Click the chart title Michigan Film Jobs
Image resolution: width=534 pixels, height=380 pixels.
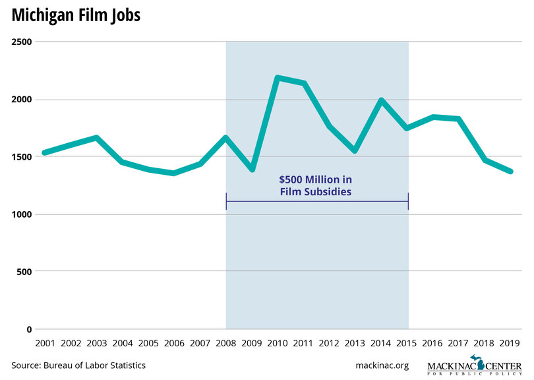click(76, 15)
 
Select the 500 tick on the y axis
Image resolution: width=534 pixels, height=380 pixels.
click(25, 272)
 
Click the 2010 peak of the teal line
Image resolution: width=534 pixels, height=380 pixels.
click(278, 78)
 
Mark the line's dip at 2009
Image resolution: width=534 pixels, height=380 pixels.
click(252, 170)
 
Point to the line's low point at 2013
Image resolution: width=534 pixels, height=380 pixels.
click(356, 151)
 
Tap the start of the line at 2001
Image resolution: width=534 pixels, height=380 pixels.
click(44, 152)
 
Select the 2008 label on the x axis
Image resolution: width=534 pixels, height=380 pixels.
click(226, 343)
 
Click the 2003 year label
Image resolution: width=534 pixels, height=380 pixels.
click(96, 343)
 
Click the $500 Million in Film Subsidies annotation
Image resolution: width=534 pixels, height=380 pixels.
click(317, 186)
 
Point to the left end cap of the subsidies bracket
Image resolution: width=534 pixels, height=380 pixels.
click(226, 201)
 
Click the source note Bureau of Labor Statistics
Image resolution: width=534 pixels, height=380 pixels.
click(78, 365)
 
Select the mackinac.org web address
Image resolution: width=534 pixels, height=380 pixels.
click(382, 365)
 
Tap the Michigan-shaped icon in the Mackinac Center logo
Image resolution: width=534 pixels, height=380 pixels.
click(481, 364)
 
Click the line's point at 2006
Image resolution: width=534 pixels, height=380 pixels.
click(174, 174)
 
